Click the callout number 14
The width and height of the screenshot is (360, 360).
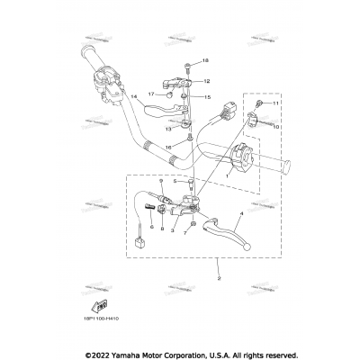[132, 96]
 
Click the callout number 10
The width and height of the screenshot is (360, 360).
[277, 128]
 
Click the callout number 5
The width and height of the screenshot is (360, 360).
[175, 181]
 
